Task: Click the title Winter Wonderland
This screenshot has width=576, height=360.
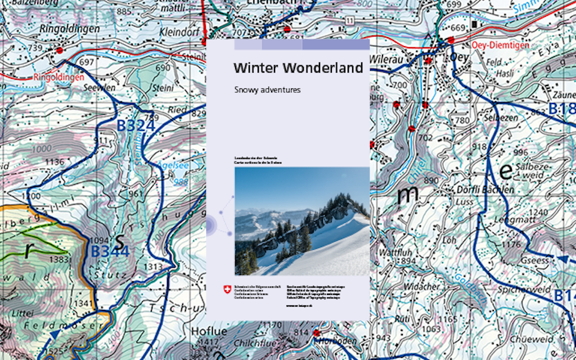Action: pos(298,69)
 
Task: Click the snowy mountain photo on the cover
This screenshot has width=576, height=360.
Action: pos(302,220)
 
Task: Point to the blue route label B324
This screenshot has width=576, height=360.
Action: pos(136,125)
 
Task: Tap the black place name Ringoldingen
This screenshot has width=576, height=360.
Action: pos(70,28)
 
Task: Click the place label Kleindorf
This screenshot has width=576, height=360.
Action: pos(179,31)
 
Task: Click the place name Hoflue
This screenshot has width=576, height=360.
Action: pos(204,330)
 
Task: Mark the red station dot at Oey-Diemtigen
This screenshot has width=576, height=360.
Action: pos(451,40)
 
